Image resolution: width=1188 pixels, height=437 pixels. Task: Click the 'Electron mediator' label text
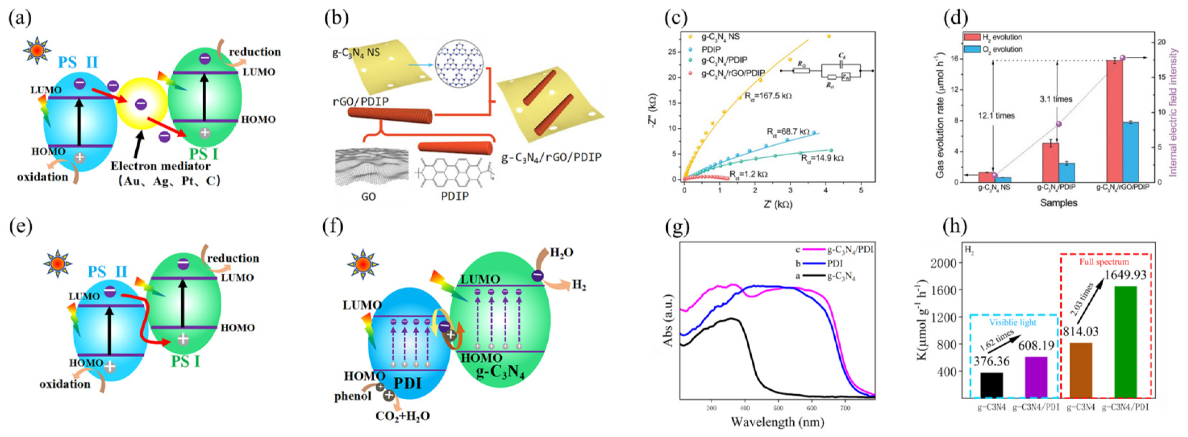pyautogui.click(x=160, y=166)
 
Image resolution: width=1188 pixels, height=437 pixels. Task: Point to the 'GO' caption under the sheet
pyautogui.click(x=368, y=197)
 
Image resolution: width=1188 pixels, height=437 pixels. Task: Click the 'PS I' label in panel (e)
pyautogui.click(x=186, y=361)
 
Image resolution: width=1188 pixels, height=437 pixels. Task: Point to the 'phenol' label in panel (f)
pyautogui.click(x=353, y=396)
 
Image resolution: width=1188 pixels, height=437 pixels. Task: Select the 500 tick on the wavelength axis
pyautogui.click(x=779, y=408)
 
